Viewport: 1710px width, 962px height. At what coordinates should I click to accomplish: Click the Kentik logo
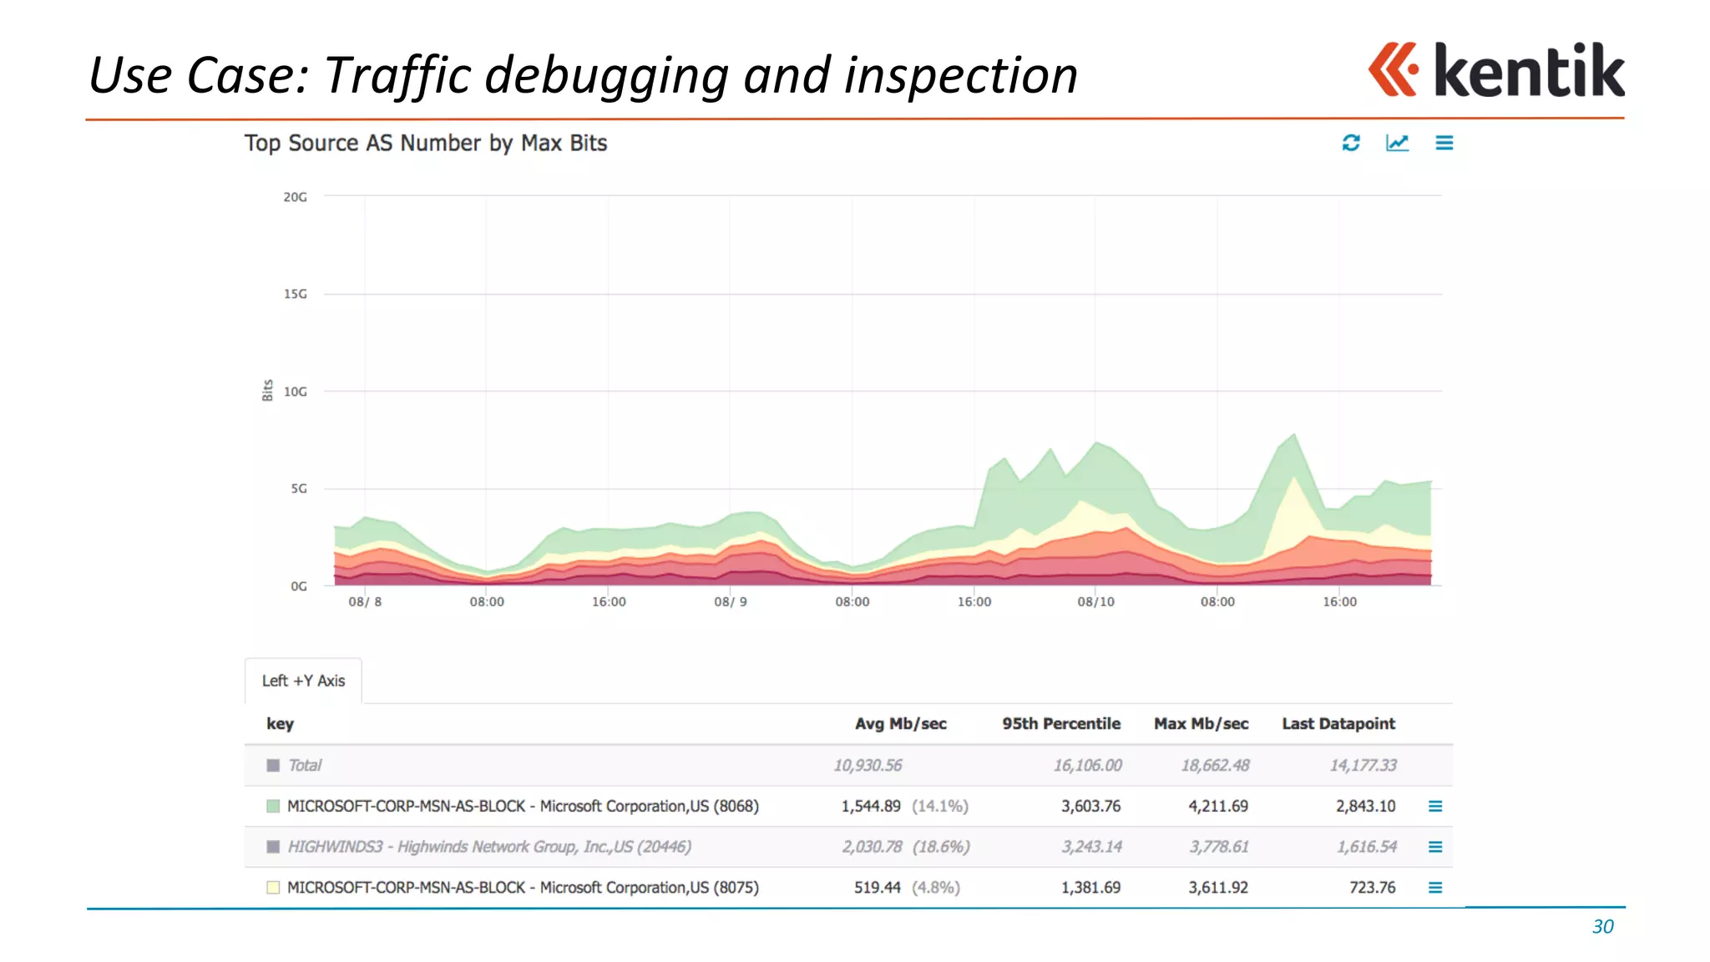[x=1495, y=70]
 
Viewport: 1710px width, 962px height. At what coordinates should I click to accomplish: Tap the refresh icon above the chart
[x=1351, y=143]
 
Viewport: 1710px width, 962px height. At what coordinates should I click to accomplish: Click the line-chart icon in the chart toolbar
[x=1397, y=143]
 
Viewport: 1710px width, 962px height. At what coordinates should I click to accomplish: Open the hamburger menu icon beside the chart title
[x=1444, y=143]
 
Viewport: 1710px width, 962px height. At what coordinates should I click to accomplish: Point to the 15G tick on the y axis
[x=296, y=294]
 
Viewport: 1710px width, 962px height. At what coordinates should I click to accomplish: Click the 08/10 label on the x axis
[x=1095, y=601]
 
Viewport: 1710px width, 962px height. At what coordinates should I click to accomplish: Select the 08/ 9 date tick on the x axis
[x=731, y=601]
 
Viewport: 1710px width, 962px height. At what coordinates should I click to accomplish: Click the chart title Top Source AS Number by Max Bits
[x=426, y=143]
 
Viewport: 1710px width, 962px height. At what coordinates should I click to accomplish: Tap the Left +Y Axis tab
[x=303, y=681]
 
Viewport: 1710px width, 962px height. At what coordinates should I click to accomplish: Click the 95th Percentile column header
[x=1061, y=723]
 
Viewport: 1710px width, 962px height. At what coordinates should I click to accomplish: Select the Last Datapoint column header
[x=1338, y=723]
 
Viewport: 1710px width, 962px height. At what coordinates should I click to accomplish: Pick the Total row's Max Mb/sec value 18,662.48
[x=1215, y=765]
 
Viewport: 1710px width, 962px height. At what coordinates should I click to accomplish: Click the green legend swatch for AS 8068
[x=273, y=806]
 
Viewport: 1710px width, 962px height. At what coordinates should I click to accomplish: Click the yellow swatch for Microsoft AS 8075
[x=273, y=887]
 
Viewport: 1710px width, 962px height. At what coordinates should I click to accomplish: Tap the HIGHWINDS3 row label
[x=489, y=847]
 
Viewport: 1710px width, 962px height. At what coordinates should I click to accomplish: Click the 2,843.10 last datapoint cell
[x=1365, y=806]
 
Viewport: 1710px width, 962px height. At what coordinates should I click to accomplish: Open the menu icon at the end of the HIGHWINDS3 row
[x=1435, y=847]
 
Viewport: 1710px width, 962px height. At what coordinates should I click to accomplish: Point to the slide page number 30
[x=1602, y=926]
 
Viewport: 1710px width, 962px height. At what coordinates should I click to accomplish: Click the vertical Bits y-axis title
[x=267, y=390]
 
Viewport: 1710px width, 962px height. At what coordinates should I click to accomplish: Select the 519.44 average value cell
[x=877, y=887]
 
